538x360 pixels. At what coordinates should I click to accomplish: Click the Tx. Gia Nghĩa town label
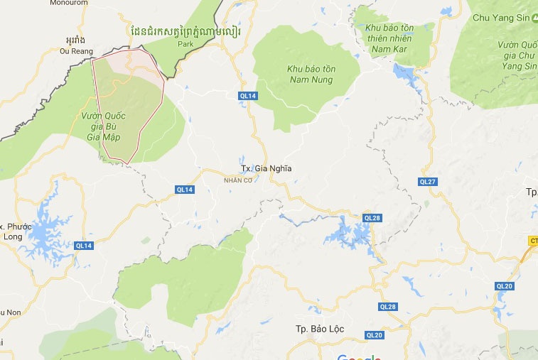pyautogui.click(x=267, y=168)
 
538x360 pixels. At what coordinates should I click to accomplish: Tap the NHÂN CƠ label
pyautogui.click(x=238, y=180)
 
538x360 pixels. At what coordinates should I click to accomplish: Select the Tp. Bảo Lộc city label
pyautogui.click(x=320, y=329)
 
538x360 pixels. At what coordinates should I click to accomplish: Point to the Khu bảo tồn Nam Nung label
pyautogui.click(x=312, y=73)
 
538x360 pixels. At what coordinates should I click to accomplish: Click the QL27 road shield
pyautogui.click(x=427, y=182)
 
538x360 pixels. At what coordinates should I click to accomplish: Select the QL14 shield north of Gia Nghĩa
pyautogui.click(x=247, y=94)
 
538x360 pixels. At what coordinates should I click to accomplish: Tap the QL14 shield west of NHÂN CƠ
pyautogui.click(x=185, y=189)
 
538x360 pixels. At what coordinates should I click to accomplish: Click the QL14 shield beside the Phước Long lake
pyautogui.click(x=84, y=246)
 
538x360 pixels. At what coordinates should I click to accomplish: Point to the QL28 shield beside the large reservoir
pyautogui.click(x=372, y=217)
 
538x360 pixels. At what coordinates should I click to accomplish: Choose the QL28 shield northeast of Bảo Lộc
pyautogui.click(x=388, y=307)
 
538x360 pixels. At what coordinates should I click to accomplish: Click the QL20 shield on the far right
pyautogui.click(x=505, y=285)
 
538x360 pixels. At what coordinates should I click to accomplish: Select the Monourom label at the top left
pyautogui.click(x=68, y=3)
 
